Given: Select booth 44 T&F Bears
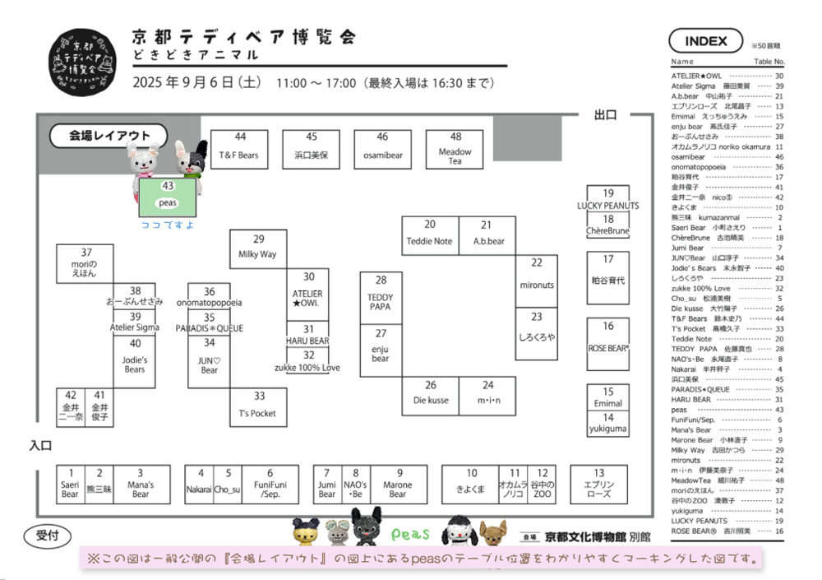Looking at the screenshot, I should click(x=239, y=149).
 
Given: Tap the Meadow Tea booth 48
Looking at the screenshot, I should click(x=455, y=149).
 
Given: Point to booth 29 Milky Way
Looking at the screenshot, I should click(x=258, y=248).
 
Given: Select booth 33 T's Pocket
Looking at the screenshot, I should click(x=258, y=406).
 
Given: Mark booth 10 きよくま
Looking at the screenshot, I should click(x=472, y=484).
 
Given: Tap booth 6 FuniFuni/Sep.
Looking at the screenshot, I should click(x=270, y=484).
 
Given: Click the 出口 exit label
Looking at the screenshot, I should click(x=605, y=116).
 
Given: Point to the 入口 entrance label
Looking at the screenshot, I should click(x=40, y=445).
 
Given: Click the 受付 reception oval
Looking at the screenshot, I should click(x=48, y=535).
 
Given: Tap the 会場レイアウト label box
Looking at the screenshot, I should click(x=108, y=136).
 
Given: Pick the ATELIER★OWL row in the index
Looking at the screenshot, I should click(x=727, y=76).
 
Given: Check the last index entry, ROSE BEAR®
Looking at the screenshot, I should click(x=727, y=531).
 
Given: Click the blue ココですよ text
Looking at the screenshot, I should click(x=168, y=225).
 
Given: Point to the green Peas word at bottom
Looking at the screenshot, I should click(x=411, y=535).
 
